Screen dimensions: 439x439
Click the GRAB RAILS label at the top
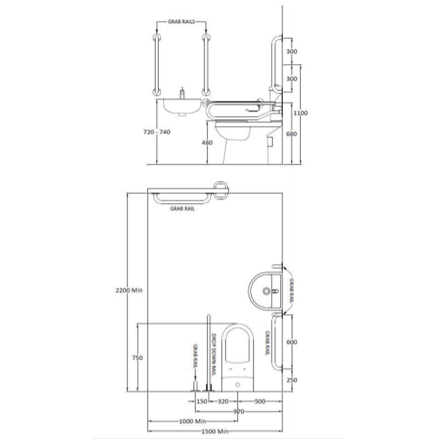click(x=181, y=22)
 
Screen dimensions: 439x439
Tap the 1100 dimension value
click(x=300, y=113)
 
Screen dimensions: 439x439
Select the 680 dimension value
click(x=291, y=134)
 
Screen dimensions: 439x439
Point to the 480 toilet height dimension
click(x=207, y=143)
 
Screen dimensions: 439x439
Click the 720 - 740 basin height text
click(x=157, y=132)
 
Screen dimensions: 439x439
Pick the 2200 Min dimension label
click(x=129, y=290)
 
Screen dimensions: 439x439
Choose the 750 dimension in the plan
click(x=137, y=357)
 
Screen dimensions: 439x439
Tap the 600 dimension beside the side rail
click(x=292, y=342)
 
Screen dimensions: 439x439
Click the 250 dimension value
click(x=292, y=380)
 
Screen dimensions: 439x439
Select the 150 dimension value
click(x=202, y=402)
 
